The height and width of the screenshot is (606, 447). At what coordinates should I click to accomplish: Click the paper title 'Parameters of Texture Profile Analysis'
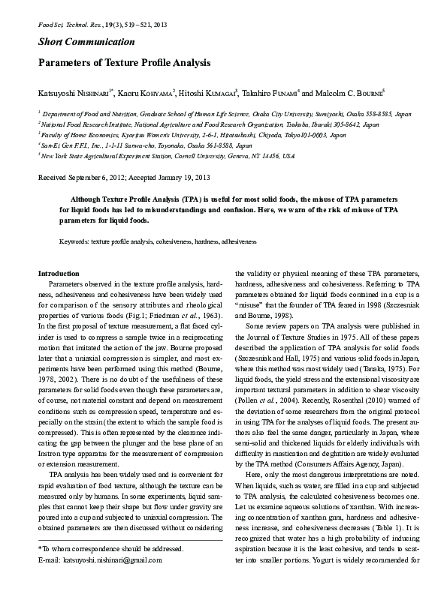(x=125, y=64)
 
